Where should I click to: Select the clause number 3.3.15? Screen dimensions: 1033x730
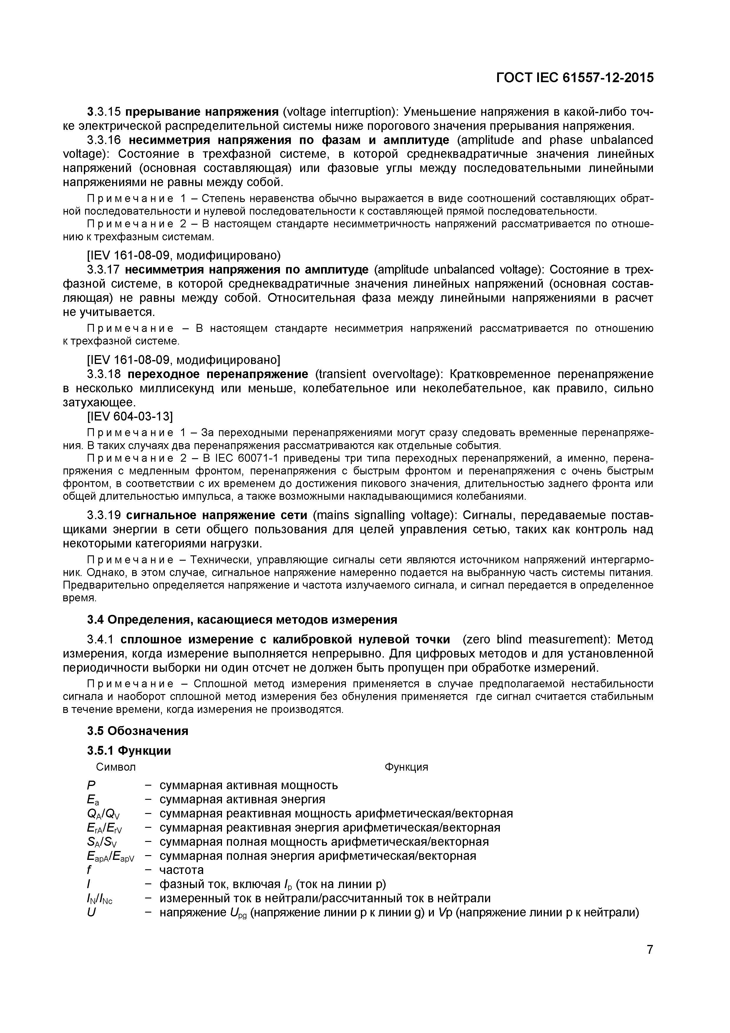coord(104,112)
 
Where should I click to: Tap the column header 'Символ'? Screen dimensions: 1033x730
coord(116,767)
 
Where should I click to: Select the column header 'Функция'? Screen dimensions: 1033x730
coord(406,767)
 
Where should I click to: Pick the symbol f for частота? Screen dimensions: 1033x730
coord(89,870)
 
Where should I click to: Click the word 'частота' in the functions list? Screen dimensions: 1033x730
coord(182,870)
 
